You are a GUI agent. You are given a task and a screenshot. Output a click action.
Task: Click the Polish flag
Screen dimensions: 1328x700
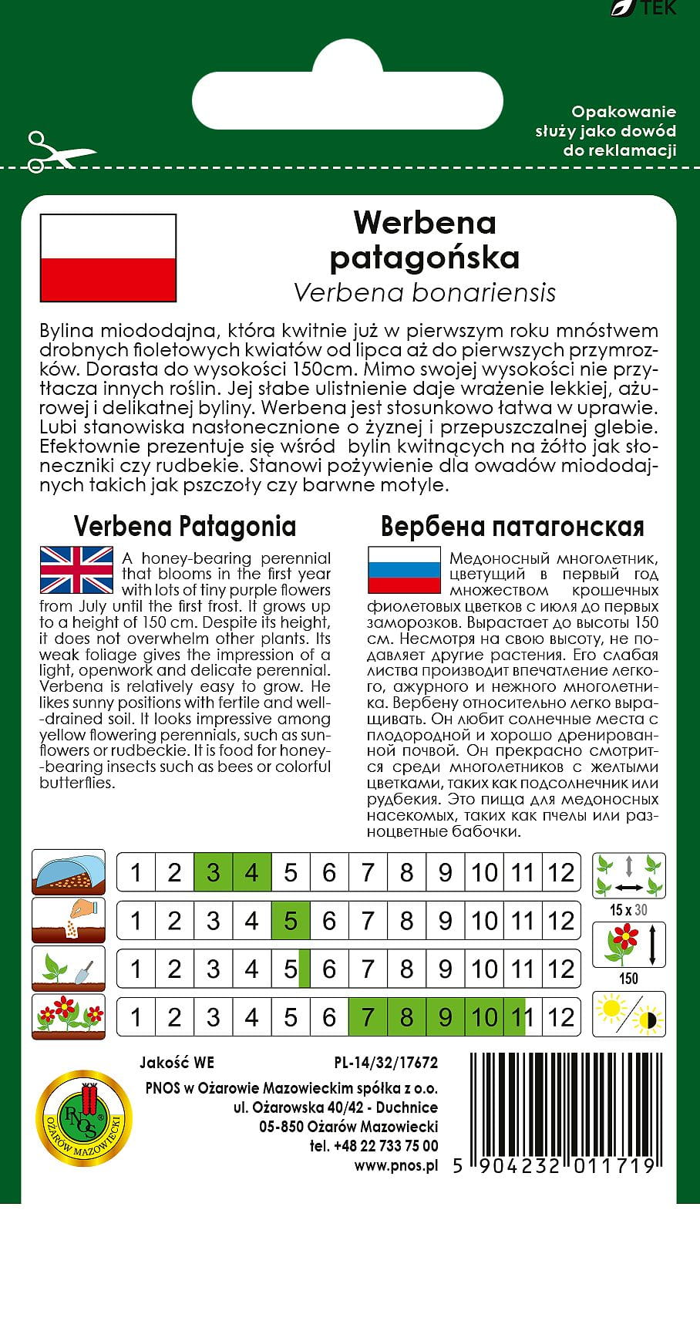108,258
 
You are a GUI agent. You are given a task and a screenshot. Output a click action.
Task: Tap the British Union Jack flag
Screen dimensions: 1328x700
76,569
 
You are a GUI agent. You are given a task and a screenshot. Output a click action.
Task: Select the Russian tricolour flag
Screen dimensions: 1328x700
403,569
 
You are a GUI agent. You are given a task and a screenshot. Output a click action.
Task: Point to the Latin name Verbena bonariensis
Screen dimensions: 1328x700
425,293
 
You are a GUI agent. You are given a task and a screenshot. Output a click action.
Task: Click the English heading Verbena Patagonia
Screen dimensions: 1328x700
185,527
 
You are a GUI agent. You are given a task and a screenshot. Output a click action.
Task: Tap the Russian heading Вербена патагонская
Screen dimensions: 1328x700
512,527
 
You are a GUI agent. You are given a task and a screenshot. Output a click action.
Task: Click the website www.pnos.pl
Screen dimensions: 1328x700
395,1165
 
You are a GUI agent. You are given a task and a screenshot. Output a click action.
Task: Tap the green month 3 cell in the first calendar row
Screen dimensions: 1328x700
214,873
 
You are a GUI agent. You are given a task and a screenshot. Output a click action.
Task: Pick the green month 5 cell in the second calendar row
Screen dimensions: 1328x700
291,921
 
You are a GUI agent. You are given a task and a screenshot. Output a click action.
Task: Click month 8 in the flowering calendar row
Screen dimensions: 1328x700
406,1017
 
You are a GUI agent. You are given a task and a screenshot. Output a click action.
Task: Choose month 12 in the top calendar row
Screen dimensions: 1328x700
561,873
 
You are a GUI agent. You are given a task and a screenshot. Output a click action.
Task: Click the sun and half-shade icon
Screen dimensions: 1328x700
628,1014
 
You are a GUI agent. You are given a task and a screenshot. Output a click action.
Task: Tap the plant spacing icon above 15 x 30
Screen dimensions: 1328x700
628,875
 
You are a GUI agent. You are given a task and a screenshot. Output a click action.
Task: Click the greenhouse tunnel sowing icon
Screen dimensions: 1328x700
69,872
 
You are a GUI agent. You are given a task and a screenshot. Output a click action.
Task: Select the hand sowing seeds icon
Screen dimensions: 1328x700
69,920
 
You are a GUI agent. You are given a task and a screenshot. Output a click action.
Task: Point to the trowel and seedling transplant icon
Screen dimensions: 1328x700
69,969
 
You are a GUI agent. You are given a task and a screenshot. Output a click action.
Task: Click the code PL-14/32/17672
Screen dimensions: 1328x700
385,1063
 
